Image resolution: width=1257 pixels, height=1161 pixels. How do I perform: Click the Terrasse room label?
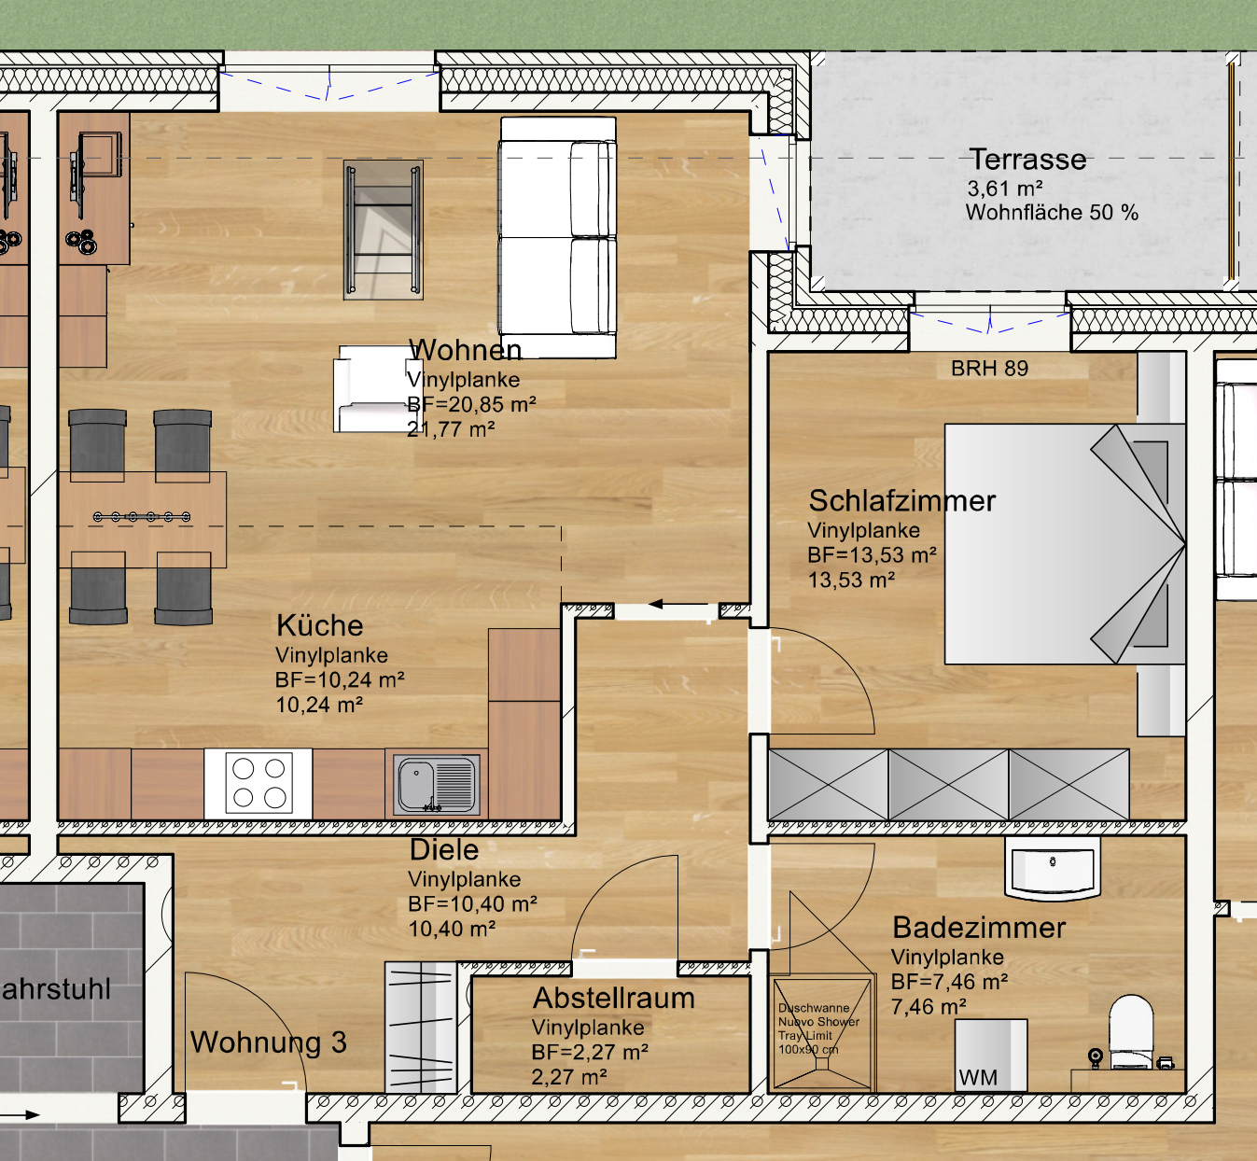click(1027, 160)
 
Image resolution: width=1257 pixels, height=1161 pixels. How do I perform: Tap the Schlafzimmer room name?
click(901, 501)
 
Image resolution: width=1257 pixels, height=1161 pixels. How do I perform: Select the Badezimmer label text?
click(979, 928)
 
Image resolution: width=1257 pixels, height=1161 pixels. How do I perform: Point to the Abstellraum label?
click(614, 999)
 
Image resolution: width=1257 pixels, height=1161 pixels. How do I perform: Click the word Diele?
click(444, 850)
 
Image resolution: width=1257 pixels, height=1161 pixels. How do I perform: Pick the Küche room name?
click(320, 625)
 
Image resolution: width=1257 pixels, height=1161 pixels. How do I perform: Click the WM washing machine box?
click(990, 1056)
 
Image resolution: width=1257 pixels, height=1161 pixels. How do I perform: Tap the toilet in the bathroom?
click(1131, 1031)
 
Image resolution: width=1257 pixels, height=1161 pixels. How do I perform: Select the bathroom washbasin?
click(1053, 868)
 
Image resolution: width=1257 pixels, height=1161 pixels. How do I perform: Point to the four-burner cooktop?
click(258, 784)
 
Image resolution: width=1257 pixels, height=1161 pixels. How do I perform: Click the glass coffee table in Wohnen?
click(384, 230)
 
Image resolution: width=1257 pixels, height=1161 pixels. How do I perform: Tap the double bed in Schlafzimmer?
click(1064, 544)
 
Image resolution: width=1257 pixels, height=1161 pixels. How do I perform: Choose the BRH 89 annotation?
click(989, 369)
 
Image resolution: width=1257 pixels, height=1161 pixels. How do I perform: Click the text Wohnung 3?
click(269, 1042)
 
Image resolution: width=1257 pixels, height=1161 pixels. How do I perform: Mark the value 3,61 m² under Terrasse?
click(1005, 189)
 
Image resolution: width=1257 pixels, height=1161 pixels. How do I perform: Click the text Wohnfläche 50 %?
click(1052, 213)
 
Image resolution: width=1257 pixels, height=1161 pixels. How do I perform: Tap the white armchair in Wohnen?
click(373, 389)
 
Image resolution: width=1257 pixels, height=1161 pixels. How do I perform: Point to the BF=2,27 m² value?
click(590, 1053)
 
